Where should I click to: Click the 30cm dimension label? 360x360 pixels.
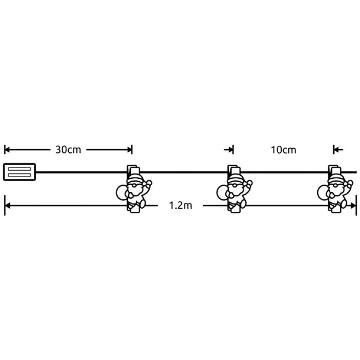point(68,150)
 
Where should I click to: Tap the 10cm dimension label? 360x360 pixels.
point(283,150)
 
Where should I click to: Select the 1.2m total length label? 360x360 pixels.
point(180,205)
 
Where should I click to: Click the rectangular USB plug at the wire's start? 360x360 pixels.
point(19,172)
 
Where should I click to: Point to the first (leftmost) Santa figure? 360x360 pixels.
point(134,189)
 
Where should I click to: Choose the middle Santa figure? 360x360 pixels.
point(234,189)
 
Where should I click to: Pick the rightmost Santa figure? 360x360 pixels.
point(335,189)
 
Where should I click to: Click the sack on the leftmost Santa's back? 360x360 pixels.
point(122,192)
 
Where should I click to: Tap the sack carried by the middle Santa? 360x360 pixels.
point(222,192)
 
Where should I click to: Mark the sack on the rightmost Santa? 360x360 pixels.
point(323,192)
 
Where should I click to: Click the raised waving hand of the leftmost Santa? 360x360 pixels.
point(149,183)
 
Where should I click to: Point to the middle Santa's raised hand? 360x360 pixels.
point(249,183)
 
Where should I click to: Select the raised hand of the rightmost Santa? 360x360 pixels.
point(350,183)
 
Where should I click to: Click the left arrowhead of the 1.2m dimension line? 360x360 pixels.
point(7,206)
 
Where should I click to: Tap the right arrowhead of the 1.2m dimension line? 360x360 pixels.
point(353,206)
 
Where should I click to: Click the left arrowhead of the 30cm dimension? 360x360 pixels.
point(7,150)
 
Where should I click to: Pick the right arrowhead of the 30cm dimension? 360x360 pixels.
point(130,150)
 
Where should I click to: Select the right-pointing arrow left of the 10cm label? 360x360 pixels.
point(229,150)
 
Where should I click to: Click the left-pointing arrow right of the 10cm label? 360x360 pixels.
point(338,150)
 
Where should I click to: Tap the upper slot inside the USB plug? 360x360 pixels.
point(19,169)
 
